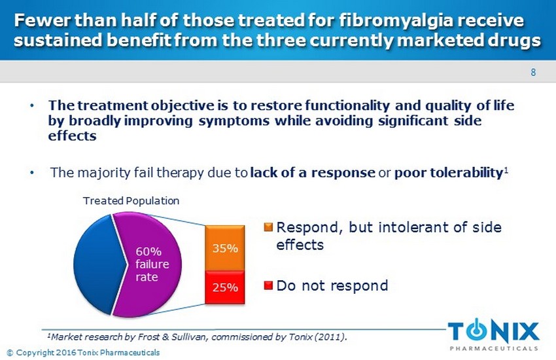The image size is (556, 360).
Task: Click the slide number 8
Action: [x=533, y=73]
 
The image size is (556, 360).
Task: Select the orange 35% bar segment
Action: [x=226, y=249]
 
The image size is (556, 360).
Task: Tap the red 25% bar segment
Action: [x=226, y=287]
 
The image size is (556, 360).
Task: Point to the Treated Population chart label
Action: [x=131, y=200]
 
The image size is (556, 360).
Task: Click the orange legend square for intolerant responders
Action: [x=268, y=227]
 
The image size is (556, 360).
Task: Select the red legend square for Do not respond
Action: [x=268, y=286]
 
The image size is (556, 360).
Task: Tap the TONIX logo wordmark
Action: [x=494, y=330]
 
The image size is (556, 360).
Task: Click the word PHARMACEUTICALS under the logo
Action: [x=494, y=348]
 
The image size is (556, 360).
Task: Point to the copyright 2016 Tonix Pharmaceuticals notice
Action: [x=82, y=353]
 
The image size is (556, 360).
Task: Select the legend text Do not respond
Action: [x=332, y=286]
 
